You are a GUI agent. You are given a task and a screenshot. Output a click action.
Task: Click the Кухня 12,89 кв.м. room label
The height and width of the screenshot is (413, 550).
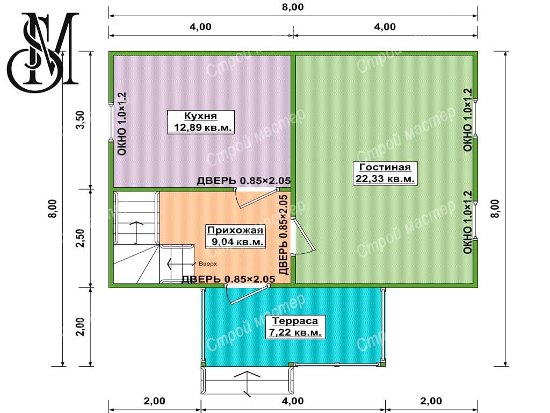coord(201,122)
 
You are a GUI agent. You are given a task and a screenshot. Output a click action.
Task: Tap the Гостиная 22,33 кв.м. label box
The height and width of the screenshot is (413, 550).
coord(385,173)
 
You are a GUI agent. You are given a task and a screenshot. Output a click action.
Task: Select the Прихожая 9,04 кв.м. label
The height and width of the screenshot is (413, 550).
coord(235,236)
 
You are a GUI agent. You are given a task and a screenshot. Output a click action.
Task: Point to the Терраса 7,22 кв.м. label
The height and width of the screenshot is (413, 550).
coord(295,326)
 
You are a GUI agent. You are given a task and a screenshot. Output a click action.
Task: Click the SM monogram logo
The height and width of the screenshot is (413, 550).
coord(43,52)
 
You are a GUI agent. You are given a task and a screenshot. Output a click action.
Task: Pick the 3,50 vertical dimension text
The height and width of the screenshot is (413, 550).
coord(81,120)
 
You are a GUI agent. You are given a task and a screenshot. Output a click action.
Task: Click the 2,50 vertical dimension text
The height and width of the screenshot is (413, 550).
coord(81,238)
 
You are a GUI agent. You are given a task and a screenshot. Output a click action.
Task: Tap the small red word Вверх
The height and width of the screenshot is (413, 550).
coord(208,264)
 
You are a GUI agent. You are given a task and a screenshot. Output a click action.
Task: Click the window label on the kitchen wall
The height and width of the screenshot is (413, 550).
coord(121,124)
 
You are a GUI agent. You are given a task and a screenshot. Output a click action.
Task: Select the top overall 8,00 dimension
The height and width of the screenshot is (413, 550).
coord(293,7)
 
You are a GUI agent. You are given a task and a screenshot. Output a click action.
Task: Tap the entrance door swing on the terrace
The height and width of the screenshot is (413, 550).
coord(247,295)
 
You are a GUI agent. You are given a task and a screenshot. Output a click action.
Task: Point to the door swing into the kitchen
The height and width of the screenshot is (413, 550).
coord(256,198)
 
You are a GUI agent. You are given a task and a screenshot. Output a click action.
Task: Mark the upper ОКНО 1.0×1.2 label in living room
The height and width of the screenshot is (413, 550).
coord(468,120)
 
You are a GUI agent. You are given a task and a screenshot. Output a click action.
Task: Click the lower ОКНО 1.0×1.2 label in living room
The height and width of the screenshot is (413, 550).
coord(468,222)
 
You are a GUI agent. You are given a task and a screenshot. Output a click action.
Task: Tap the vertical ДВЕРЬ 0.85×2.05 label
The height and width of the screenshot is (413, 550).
coord(284,234)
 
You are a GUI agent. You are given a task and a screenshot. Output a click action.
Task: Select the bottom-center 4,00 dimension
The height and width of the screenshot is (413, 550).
coord(293,401)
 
